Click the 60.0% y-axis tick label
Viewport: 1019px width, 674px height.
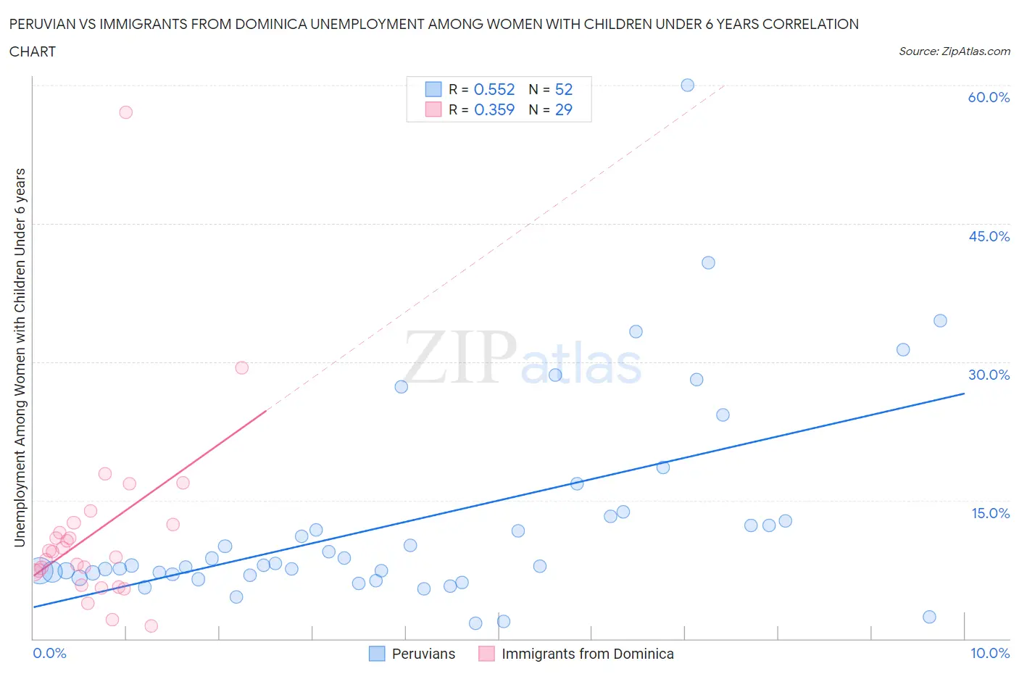988,97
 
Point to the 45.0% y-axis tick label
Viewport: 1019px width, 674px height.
989,236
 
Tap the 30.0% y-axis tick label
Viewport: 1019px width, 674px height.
989,375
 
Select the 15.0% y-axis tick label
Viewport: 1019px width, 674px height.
990,513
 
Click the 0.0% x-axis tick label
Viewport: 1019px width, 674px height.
49,653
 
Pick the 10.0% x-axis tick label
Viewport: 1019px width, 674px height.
989,653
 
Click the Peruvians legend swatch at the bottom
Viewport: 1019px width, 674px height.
377,654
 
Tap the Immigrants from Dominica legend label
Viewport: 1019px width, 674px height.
587,654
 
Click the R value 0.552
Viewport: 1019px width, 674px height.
494,89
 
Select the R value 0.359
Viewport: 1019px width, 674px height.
494,109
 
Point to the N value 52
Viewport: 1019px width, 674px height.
563,89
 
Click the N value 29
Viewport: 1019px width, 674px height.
563,109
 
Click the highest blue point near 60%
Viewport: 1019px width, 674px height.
687,85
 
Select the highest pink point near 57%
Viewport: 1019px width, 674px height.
125,112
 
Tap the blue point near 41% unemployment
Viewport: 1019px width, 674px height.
708,262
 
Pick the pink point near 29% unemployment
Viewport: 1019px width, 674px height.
241,367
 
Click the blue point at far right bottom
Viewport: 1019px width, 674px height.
929,617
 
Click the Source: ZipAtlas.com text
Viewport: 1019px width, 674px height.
954,51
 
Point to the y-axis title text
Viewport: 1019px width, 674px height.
20,357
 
